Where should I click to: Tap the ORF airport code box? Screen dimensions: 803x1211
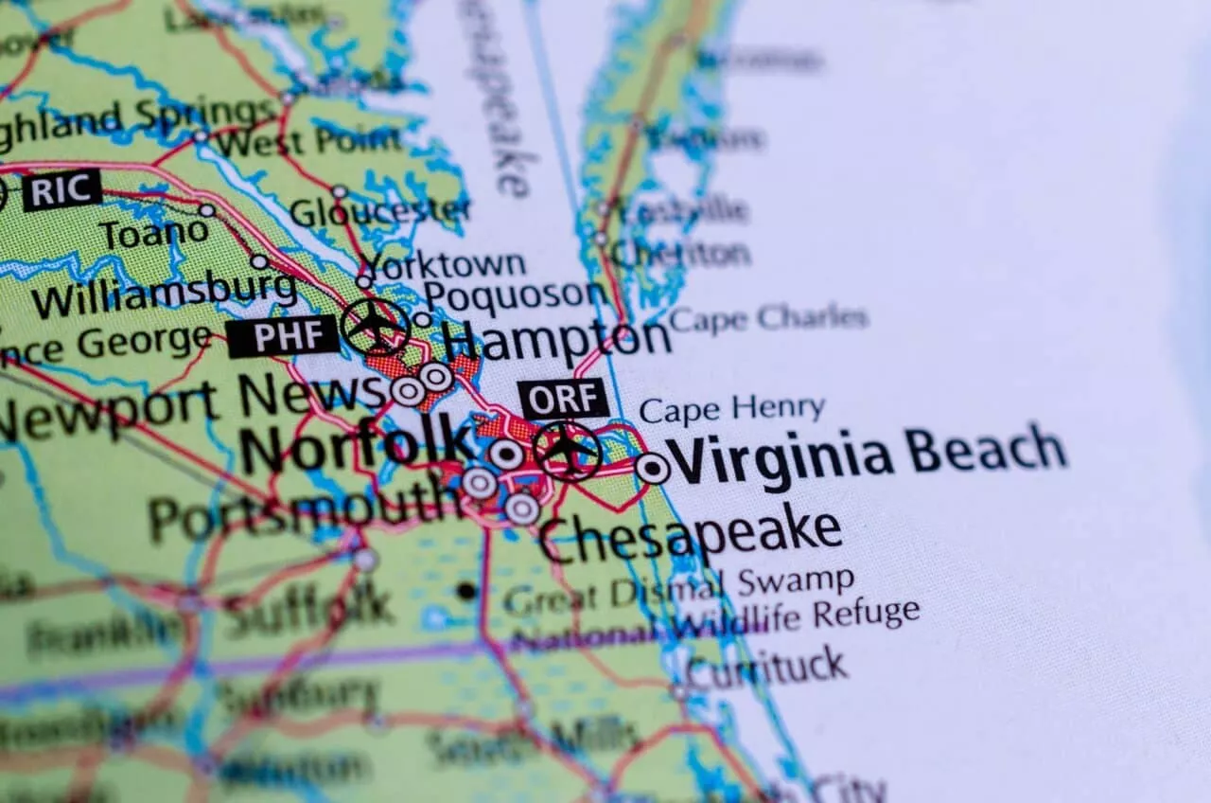(x=564, y=399)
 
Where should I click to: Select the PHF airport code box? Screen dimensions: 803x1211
(x=283, y=336)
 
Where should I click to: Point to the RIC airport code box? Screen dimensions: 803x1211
(x=61, y=190)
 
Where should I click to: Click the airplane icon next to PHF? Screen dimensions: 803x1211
(x=376, y=326)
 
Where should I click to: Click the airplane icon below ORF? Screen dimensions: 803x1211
(x=567, y=450)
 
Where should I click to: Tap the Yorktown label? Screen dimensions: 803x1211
(x=445, y=264)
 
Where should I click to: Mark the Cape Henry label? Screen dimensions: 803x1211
(x=731, y=409)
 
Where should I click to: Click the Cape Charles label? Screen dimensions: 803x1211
(x=767, y=318)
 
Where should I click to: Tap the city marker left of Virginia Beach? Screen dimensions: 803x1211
(x=652, y=468)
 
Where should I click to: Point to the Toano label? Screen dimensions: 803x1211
(x=154, y=233)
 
